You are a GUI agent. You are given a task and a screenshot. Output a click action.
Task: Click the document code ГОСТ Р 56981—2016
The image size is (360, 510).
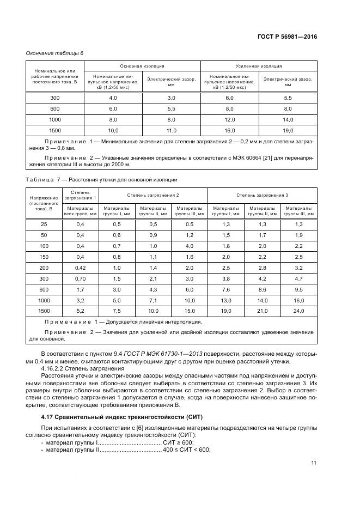(288, 37)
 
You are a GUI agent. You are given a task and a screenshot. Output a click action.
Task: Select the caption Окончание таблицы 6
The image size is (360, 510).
(55, 53)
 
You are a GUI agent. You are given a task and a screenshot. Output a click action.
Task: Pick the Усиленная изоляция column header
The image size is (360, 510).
(259, 65)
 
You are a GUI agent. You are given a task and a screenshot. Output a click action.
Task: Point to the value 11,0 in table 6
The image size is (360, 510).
(172, 130)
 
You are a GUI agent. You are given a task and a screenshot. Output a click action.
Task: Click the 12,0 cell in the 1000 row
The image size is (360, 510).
(229, 119)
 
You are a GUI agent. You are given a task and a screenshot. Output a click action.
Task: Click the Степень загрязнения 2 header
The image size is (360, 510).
(153, 195)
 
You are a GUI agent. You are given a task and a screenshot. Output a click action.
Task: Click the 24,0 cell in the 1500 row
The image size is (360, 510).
(298, 311)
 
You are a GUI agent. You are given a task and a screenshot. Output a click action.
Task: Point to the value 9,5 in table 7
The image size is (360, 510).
(298, 289)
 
